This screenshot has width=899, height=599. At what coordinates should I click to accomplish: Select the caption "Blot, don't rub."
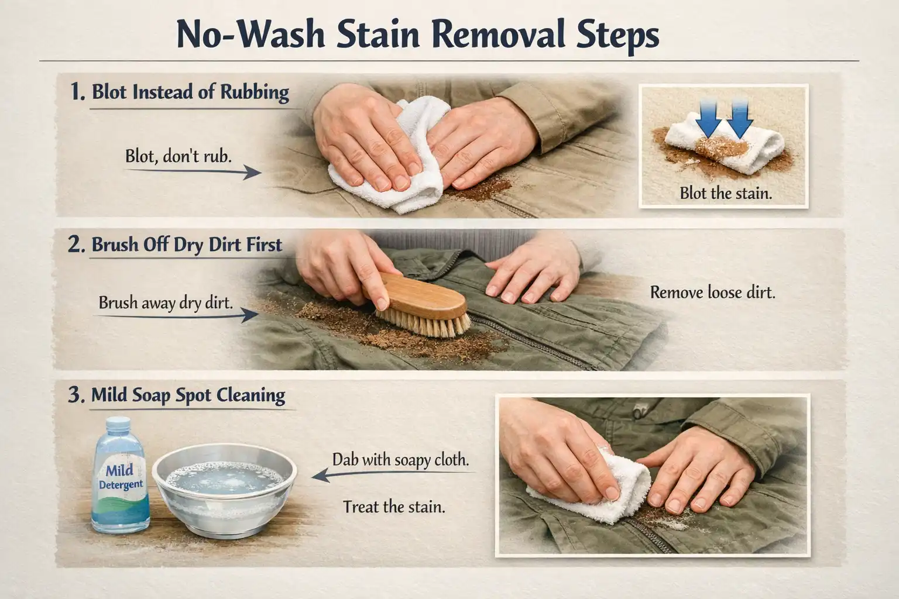[179, 156]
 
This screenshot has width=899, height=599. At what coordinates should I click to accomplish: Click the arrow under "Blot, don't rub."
[193, 172]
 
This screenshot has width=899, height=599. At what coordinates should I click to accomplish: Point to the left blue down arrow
[708, 118]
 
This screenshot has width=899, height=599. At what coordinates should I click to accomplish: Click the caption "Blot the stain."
[726, 194]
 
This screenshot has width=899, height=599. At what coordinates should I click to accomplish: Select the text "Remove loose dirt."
[712, 292]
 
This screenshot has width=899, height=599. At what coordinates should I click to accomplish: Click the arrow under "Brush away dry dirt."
[177, 316]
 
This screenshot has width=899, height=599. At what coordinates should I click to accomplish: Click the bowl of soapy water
[225, 490]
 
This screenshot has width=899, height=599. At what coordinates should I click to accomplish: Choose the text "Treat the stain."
[394, 507]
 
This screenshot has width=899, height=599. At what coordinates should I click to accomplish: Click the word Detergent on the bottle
[121, 485]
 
